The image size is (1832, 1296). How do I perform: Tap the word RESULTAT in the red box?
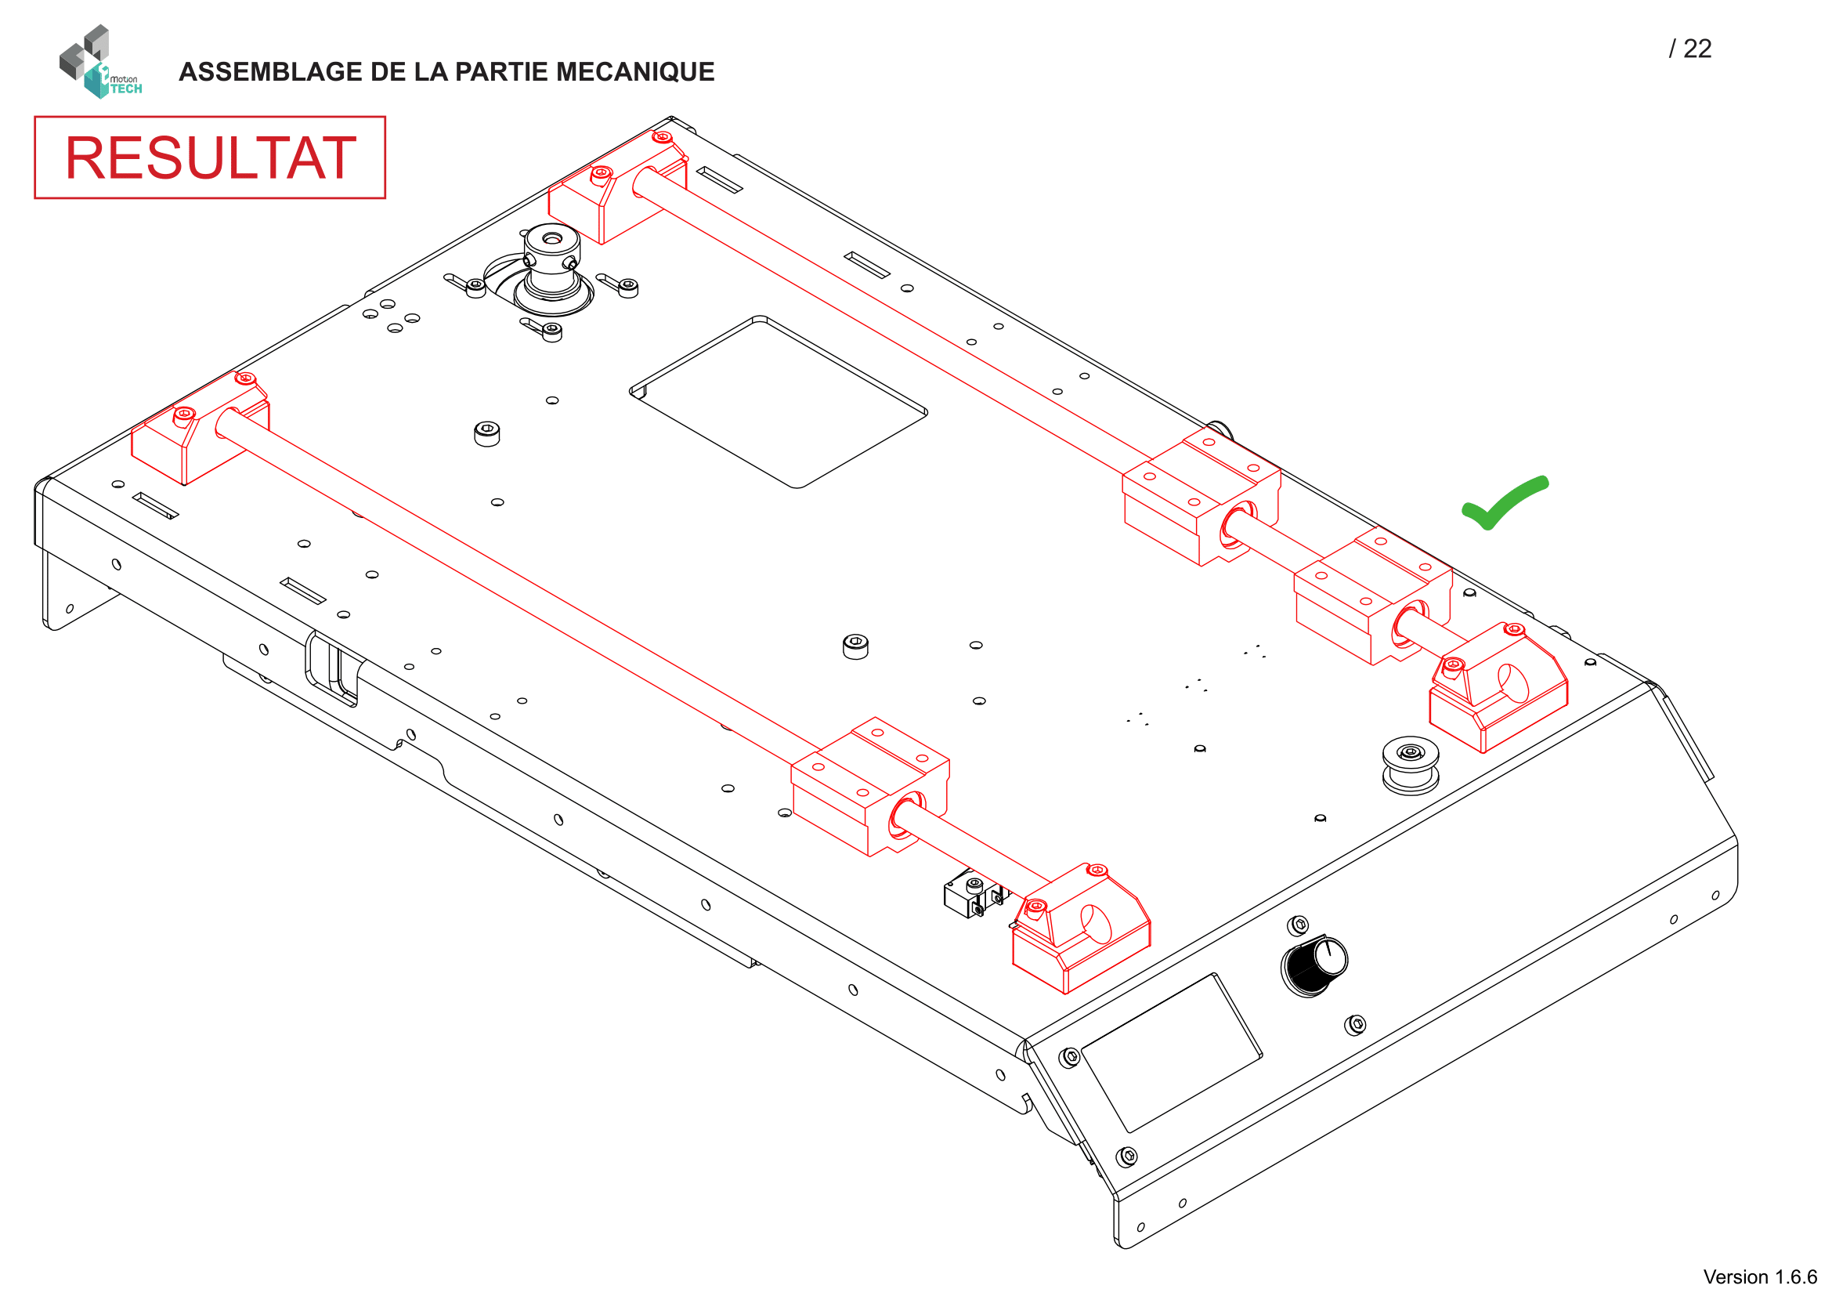(210, 157)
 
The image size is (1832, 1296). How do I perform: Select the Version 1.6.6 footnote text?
(1758, 1276)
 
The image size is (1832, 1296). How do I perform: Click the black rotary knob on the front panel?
(1314, 966)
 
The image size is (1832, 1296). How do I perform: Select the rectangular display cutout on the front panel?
(1171, 1052)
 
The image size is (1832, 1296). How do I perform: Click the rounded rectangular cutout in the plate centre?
(778, 402)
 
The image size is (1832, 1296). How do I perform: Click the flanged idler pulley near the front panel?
(1410, 765)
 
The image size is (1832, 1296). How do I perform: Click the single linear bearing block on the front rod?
(869, 785)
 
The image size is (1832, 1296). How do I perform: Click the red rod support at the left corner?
(200, 431)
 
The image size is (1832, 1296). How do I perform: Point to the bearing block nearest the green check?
(1372, 595)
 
